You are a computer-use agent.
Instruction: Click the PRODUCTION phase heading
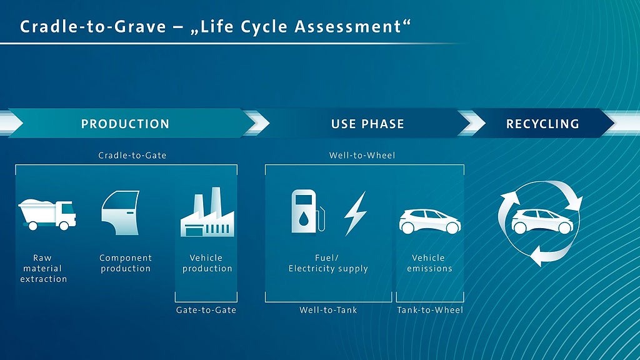point(125,124)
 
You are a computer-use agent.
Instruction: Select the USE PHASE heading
point(367,124)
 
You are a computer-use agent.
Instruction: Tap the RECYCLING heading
point(542,124)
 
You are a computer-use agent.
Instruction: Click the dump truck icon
point(47,214)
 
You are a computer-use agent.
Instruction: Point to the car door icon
point(121,212)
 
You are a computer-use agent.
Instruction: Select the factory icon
point(207,212)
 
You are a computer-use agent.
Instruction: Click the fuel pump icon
point(307,211)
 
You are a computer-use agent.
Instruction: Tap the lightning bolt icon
point(355,213)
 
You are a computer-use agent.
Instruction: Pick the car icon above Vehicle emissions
point(430,221)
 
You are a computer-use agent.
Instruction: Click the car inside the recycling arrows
point(542,221)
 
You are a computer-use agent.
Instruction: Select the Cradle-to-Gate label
point(132,155)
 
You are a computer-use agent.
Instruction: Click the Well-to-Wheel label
point(362,155)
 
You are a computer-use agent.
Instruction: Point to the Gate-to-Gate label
point(206,310)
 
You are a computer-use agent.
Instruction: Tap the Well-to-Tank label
point(328,310)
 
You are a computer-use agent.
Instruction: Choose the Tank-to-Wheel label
point(430,310)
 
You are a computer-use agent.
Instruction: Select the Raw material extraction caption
point(43,268)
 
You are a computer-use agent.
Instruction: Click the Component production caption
point(126,263)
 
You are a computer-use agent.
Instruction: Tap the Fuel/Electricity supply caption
point(328,263)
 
